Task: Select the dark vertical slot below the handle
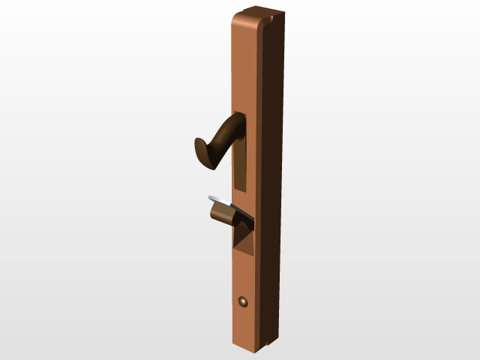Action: click(239, 165)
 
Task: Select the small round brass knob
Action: click(243, 301)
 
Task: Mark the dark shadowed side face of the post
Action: click(274, 180)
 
